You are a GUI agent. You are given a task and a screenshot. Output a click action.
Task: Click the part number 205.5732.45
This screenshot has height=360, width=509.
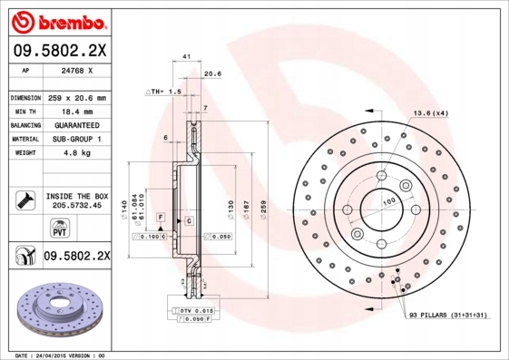[x=75, y=206]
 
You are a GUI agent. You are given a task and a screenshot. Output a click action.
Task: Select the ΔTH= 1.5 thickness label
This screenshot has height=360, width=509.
[x=164, y=92]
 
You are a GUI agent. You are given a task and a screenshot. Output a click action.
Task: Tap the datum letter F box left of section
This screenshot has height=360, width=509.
[x=160, y=219]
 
